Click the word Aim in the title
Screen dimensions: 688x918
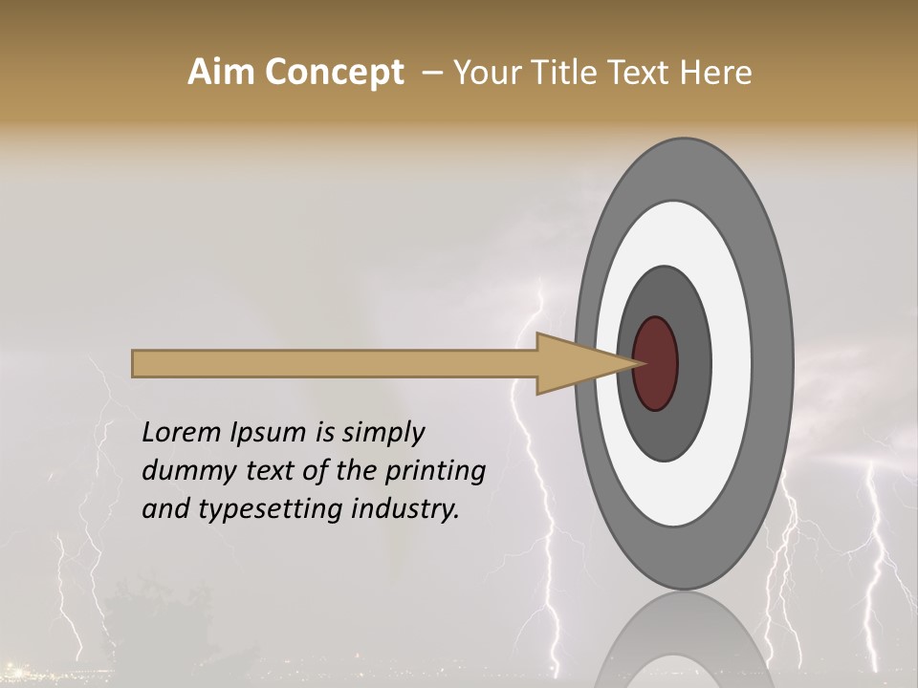click(x=219, y=73)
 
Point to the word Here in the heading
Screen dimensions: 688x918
click(x=716, y=73)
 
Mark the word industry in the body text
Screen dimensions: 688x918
click(x=405, y=510)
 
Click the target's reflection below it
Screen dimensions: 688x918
click(x=685, y=640)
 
